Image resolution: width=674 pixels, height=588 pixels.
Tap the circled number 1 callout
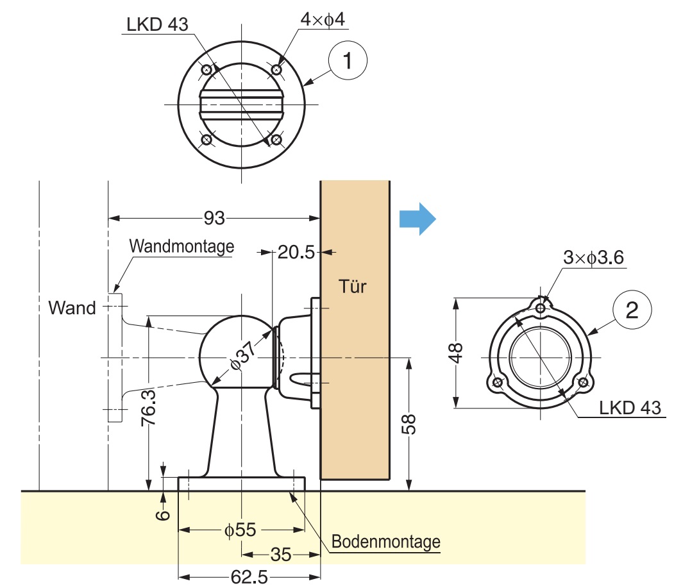tap(347, 62)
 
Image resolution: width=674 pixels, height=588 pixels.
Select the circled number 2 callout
tap(632, 311)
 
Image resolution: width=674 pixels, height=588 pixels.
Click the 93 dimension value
tap(214, 219)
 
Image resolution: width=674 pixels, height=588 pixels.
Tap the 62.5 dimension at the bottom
tap(249, 577)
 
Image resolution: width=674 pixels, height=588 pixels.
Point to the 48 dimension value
tap(456, 352)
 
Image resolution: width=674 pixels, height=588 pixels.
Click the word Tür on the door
tap(353, 286)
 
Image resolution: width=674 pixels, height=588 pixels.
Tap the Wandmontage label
tap(181, 246)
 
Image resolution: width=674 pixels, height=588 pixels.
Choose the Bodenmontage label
tap(386, 542)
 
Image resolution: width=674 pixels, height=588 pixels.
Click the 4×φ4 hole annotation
tap(323, 20)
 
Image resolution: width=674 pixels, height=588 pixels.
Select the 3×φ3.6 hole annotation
tap(594, 258)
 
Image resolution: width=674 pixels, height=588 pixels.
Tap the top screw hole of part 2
tap(541, 309)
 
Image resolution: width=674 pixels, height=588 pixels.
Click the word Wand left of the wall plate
tap(72, 308)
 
